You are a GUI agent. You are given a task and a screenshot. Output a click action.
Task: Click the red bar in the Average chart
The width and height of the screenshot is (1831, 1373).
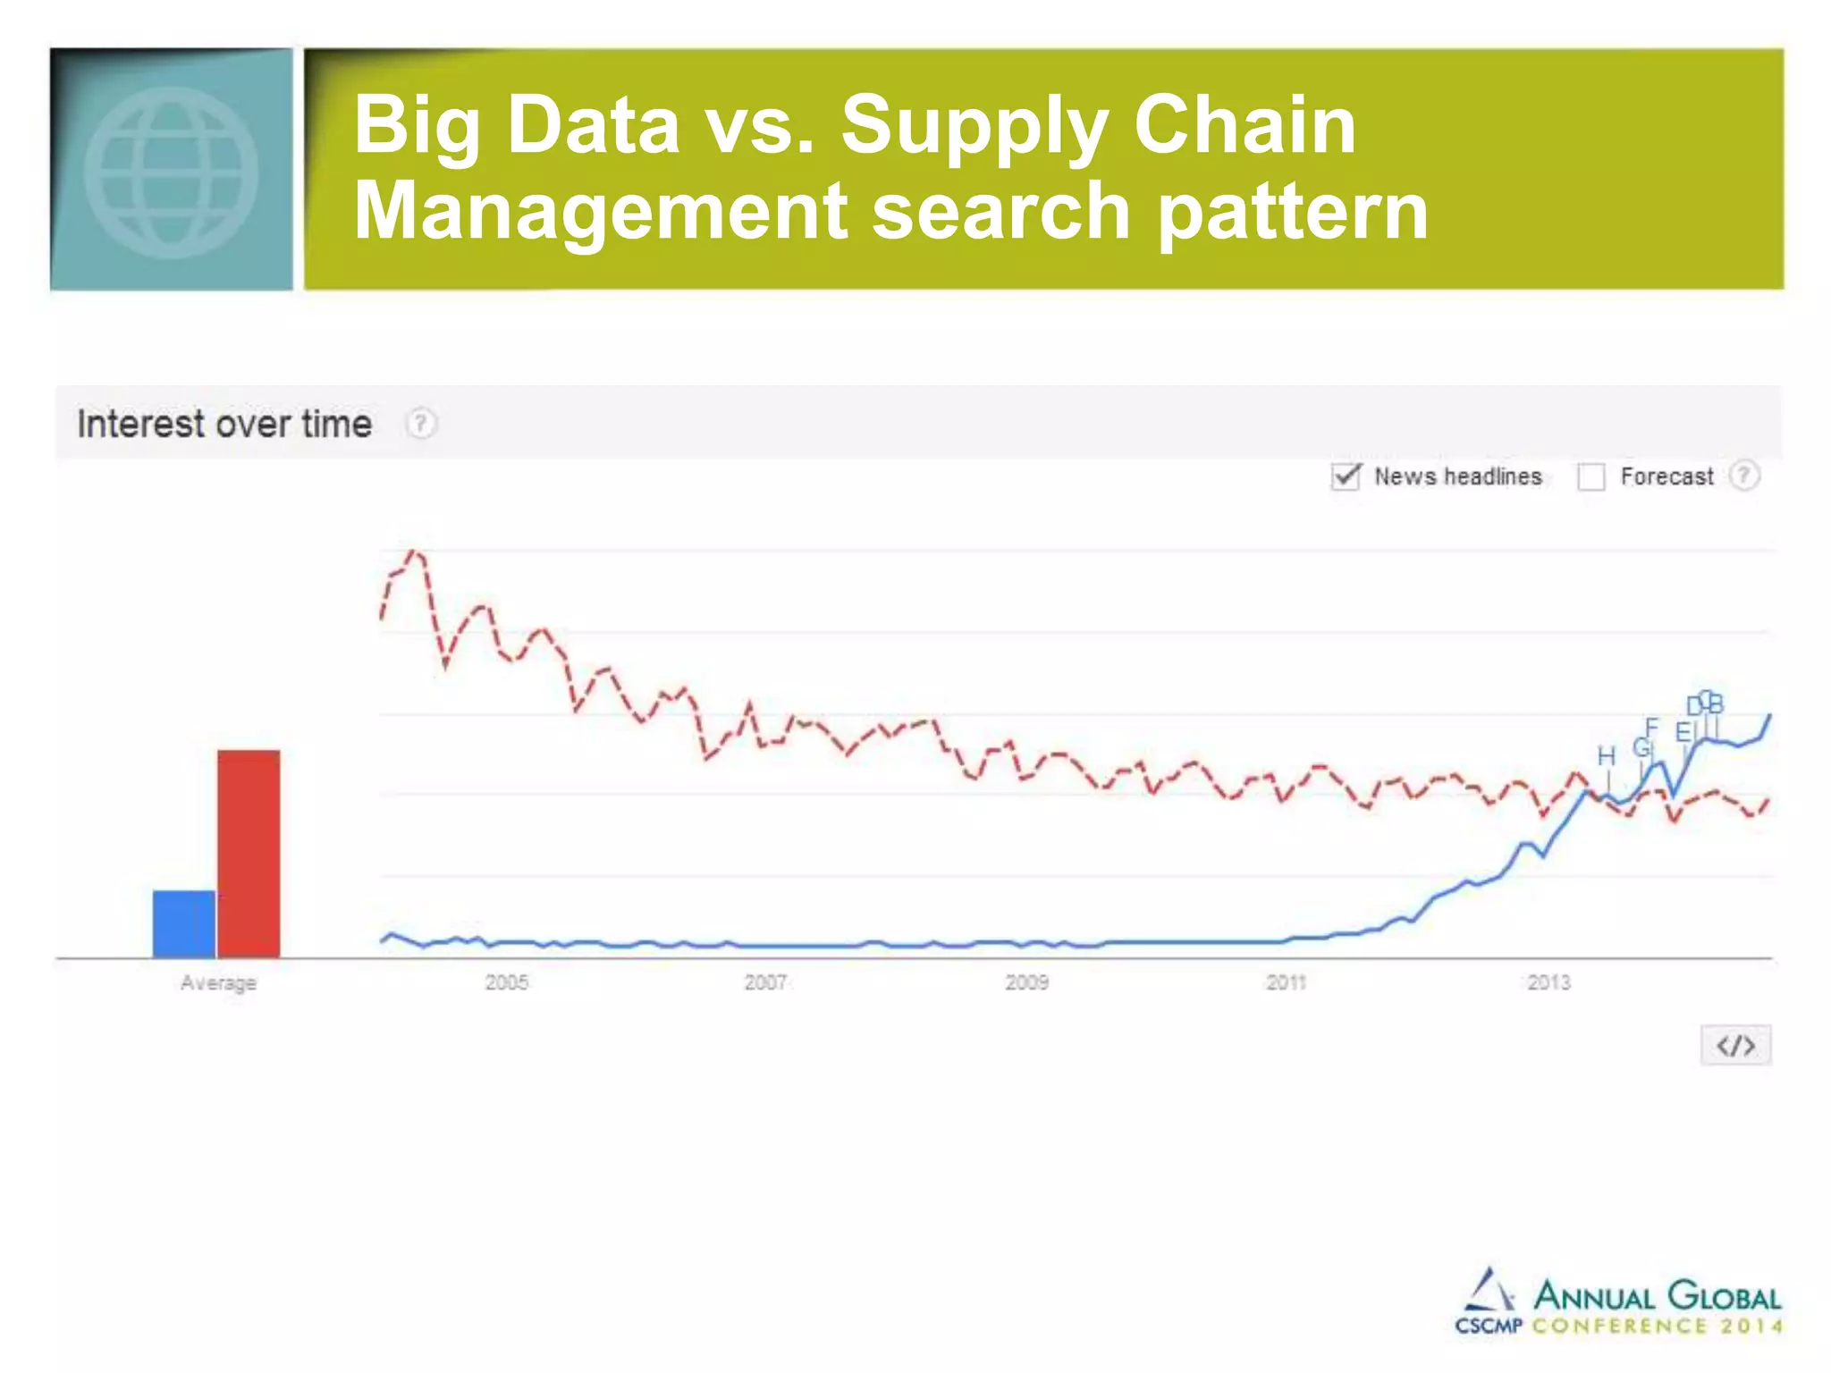coord(249,854)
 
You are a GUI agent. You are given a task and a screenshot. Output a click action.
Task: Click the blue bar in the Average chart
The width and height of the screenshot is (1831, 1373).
coord(184,923)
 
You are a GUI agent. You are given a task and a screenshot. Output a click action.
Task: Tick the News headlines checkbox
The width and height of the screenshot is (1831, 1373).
coord(1346,476)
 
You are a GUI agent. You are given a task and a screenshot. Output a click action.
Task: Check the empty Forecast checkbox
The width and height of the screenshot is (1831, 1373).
coord(1591,476)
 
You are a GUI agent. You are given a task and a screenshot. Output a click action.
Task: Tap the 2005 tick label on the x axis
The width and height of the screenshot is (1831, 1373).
coord(507,982)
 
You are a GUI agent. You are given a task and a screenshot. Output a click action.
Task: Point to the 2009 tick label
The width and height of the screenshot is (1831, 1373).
coord(1026,982)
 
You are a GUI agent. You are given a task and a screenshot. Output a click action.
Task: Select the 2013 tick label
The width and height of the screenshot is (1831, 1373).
coord(1548,982)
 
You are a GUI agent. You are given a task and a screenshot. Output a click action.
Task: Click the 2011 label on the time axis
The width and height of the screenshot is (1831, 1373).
coord(1287,982)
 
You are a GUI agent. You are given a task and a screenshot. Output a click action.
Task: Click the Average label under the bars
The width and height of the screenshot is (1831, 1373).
coord(218,982)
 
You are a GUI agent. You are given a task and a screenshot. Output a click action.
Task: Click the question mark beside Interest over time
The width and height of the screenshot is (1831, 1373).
coord(421,423)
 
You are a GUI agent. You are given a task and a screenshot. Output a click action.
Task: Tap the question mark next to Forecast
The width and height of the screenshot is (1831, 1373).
coord(1743,476)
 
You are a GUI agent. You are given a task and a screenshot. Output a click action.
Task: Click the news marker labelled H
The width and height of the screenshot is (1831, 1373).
coord(1607,757)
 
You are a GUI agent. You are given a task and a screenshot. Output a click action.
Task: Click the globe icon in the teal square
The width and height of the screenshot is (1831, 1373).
coord(172,172)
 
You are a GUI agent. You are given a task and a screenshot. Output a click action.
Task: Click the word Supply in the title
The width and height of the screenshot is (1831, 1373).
coord(975,127)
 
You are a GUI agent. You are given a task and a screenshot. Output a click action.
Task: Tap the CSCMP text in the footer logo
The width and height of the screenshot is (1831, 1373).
coord(1488,1326)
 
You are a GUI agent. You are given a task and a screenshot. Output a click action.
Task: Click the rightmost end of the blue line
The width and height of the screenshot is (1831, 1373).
coord(1770,715)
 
